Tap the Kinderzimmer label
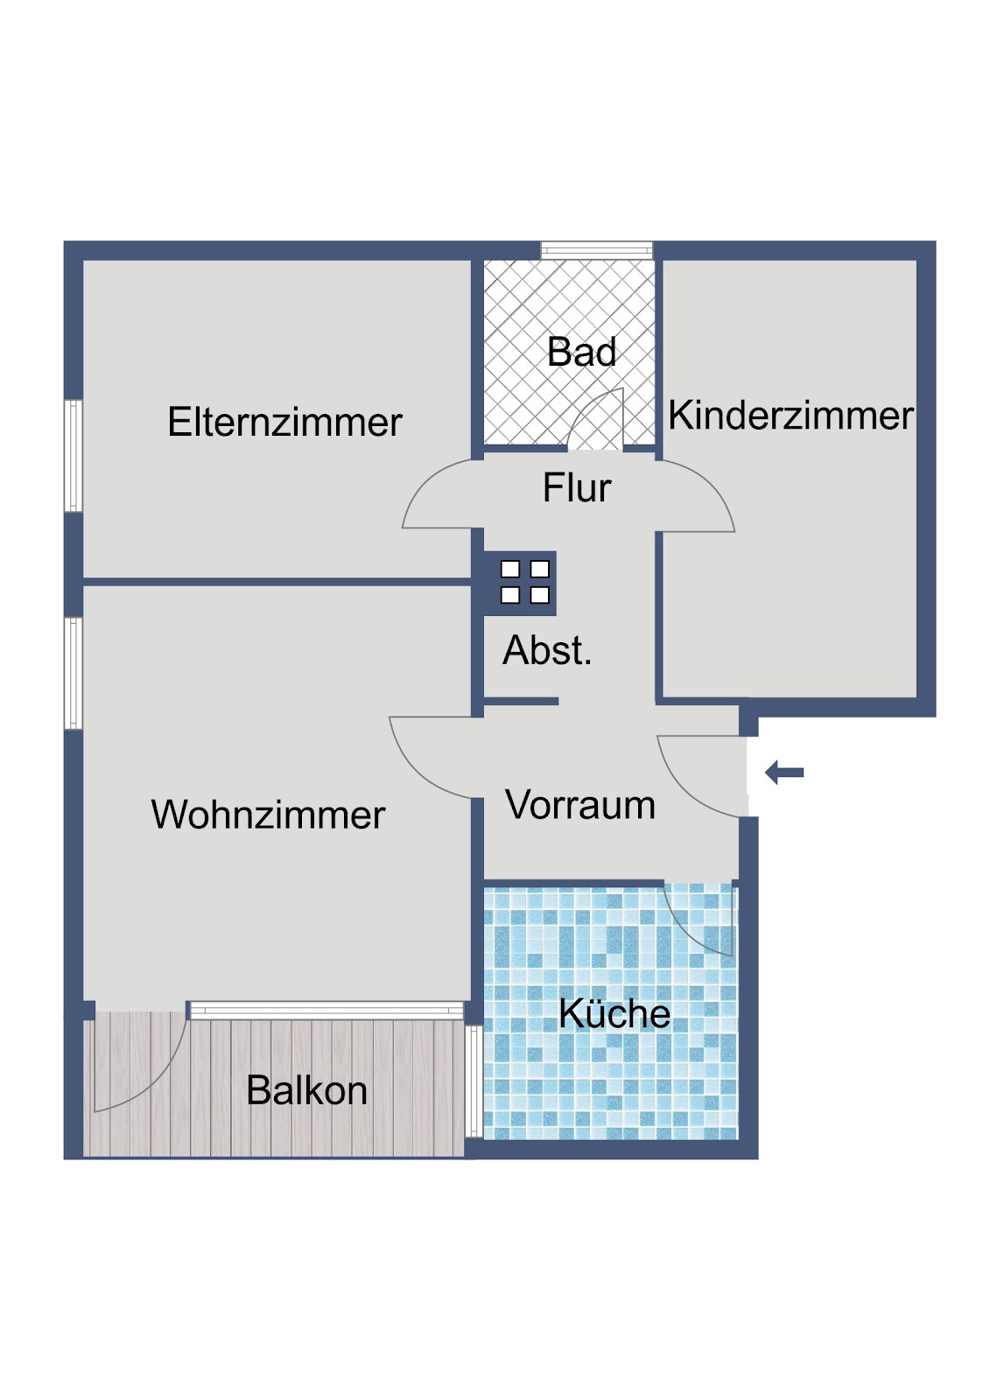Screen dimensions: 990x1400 790,416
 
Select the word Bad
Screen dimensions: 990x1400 581,352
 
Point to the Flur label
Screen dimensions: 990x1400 577,487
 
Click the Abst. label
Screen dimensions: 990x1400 547,650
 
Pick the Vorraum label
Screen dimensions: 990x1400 580,804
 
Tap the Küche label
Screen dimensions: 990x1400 614,1012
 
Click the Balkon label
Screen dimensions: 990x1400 306,1090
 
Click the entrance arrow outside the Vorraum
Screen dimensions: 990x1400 784,773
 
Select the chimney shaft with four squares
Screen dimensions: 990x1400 520,583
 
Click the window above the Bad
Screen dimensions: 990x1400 597,250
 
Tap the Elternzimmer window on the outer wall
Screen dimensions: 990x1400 74,456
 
